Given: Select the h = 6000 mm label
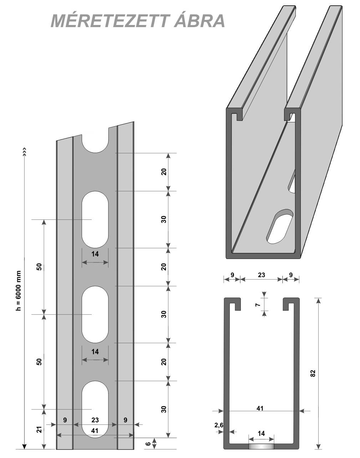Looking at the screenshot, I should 19,291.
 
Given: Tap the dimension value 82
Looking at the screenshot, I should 313,373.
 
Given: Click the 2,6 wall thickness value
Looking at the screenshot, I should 219,425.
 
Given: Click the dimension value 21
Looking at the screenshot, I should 40,429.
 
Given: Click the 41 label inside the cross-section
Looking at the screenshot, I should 260,408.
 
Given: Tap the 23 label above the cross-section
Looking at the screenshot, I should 261,275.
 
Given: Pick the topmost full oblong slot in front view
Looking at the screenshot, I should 95,219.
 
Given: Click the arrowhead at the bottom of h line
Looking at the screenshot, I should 24,446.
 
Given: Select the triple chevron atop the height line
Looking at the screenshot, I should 24,150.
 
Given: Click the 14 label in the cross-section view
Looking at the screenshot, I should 262,434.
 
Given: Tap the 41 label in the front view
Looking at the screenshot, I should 95,431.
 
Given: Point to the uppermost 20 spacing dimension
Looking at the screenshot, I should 164,172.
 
